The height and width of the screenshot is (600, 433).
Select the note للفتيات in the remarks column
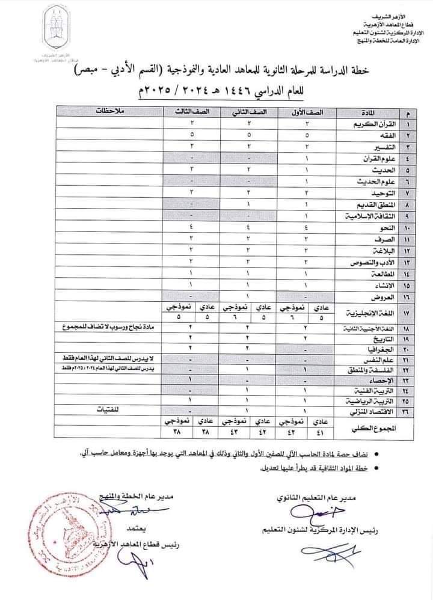pyautogui.click(x=110, y=411)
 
